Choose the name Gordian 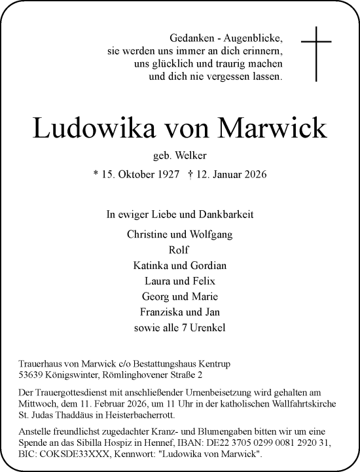(209, 265)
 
